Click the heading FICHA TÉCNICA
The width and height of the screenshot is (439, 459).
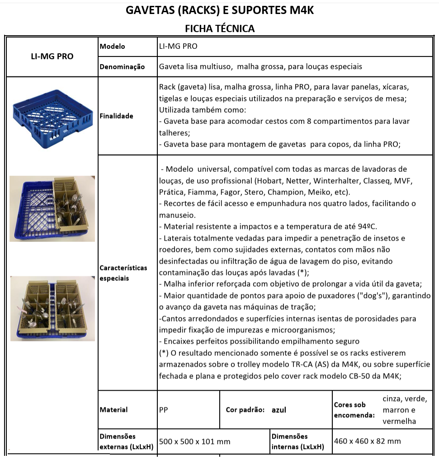tap(220, 28)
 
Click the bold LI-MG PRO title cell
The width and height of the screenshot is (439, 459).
tap(52, 57)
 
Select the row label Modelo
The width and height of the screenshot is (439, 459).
tap(113, 46)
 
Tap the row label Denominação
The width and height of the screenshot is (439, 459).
tap(122, 66)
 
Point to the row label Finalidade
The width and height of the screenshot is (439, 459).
tap(117, 116)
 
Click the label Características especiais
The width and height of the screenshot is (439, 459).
tap(123, 273)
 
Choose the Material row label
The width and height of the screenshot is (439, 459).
tap(114, 410)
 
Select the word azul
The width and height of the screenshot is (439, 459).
tap(279, 410)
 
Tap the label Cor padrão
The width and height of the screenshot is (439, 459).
tap(245, 410)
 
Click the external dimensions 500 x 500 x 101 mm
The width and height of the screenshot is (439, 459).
tap(194, 441)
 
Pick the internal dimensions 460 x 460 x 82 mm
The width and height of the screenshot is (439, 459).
tap(367, 441)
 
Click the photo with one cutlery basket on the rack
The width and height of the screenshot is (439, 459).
tap(52, 208)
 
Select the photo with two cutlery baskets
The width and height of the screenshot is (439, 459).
tap(52, 308)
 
